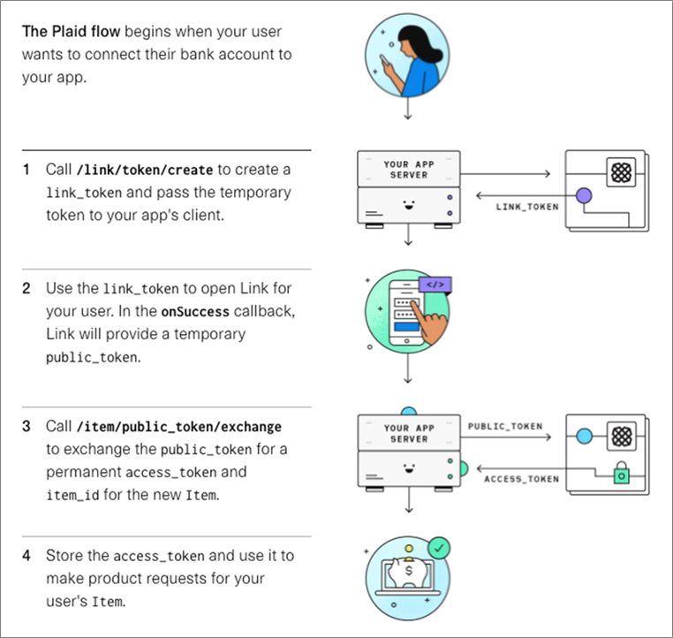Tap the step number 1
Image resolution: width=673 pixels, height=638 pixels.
[27, 169]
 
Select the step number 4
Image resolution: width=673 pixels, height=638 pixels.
[27, 555]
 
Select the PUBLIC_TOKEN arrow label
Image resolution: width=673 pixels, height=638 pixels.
[506, 427]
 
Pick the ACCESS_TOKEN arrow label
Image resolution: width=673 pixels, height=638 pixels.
[521, 479]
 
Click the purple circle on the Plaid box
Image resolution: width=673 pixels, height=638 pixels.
[583, 194]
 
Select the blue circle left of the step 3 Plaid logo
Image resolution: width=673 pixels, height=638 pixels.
[583, 437]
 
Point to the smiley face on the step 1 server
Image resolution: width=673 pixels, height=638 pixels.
[407, 206]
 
